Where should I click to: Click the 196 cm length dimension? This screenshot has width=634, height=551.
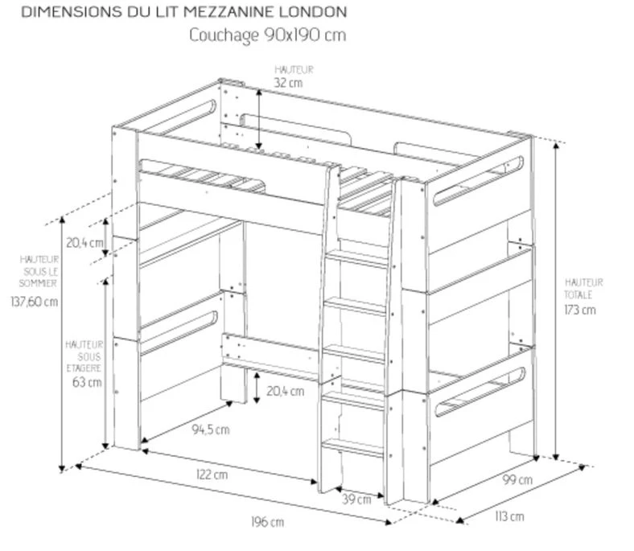267,522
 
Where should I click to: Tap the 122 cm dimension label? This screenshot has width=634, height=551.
212,475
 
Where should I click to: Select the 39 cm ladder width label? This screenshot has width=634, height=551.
356,500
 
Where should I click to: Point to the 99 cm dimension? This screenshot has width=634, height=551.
517,480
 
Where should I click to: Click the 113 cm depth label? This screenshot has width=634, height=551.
509,516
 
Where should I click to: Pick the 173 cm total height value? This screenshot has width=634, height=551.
580,310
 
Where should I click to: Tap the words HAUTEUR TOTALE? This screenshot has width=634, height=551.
583,288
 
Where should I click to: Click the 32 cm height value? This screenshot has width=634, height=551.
288,83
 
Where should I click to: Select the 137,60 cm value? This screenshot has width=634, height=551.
35,302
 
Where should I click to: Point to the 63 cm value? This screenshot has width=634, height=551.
87,382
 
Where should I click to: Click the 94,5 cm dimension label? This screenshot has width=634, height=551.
211,430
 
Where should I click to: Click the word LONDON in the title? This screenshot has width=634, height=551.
313,12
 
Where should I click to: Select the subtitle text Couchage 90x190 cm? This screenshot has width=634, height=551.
268,35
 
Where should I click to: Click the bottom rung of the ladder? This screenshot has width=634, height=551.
352,447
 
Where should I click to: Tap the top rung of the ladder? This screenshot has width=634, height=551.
356,257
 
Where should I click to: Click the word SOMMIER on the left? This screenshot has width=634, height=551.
38,283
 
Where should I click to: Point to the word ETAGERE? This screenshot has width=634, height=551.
84,368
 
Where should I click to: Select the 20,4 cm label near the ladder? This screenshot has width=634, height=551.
285,391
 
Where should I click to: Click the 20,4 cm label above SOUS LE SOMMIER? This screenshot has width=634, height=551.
84,243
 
